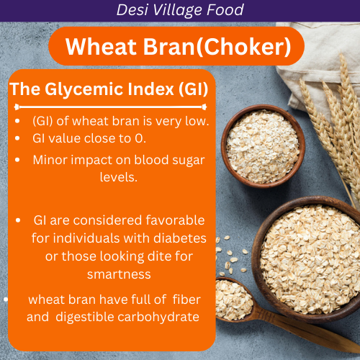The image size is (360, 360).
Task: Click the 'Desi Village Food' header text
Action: tap(179, 10)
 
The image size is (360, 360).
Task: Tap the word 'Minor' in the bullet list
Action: tap(50, 159)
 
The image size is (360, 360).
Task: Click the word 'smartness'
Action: tap(119, 274)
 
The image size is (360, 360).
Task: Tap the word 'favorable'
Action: tap(168, 220)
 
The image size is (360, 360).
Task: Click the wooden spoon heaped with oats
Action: tap(234, 298)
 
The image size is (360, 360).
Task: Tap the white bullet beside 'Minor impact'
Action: tap(17, 160)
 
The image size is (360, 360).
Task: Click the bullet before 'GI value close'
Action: tap(17, 137)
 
